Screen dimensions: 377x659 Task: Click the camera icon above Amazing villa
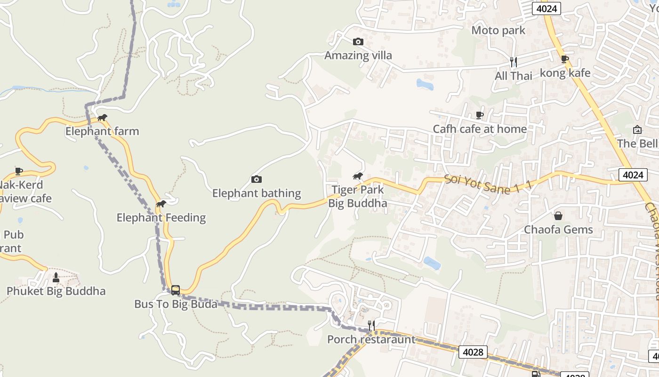358,41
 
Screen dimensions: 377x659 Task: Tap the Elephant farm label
102,131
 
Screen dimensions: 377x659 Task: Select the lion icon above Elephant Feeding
161,204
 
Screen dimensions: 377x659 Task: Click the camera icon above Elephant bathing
257,179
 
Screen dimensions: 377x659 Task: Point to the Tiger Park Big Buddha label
358,197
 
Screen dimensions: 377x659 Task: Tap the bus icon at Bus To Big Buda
176,290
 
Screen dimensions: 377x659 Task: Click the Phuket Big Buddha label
56,291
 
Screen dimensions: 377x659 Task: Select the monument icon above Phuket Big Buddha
56,278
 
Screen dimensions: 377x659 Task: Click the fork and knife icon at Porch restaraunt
371,326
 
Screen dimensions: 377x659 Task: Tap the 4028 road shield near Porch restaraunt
473,352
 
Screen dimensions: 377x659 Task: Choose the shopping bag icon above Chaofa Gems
558,216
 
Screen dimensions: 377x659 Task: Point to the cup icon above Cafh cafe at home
480,115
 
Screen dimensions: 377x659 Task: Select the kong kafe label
565,73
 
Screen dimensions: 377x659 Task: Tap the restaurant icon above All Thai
514,62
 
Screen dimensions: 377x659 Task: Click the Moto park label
498,31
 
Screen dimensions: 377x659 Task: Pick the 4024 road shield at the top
546,8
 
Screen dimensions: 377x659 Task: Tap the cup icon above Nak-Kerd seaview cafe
19,171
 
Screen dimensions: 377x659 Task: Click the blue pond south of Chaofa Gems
432,263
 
